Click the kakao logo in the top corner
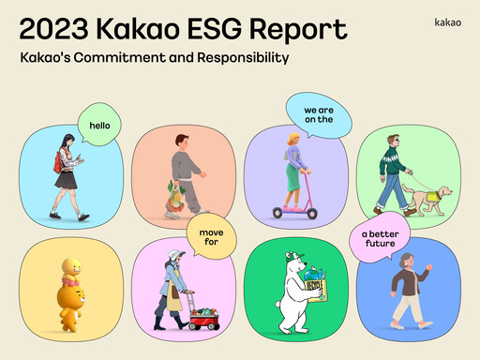click(x=448, y=20)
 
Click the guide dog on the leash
click(x=433, y=200)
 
